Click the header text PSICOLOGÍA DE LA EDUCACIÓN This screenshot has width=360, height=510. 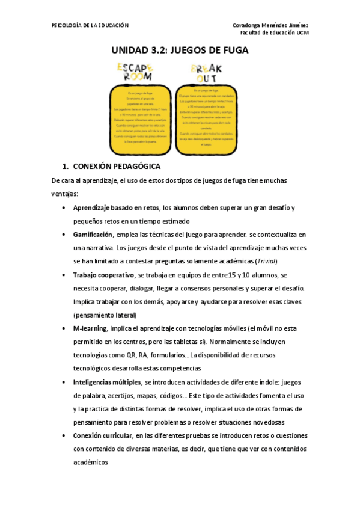coord(90,25)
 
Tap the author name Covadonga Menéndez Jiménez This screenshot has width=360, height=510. coord(270,25)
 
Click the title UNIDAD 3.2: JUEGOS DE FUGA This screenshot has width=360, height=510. coord(180,51)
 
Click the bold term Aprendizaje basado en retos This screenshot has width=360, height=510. coord(116,207)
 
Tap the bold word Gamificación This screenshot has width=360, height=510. coord(93,234)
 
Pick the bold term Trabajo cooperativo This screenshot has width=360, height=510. coord(103,274)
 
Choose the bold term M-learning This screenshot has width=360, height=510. coord(90,328)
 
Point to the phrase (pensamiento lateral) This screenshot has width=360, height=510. coord(105,315)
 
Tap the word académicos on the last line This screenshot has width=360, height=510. coord(90,462)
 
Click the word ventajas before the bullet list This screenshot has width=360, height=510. coord(64,194)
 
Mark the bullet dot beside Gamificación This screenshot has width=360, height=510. coord(64,235)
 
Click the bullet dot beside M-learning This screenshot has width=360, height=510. coord(64,328)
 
